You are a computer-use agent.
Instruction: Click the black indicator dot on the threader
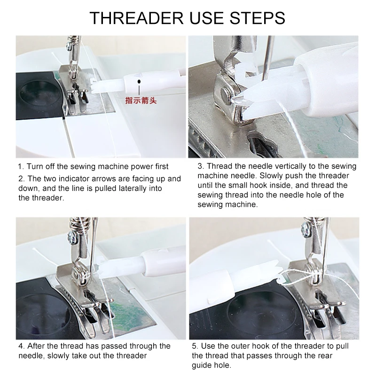139,82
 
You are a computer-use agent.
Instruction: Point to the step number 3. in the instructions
201,167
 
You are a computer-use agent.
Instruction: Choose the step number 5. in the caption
201,346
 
